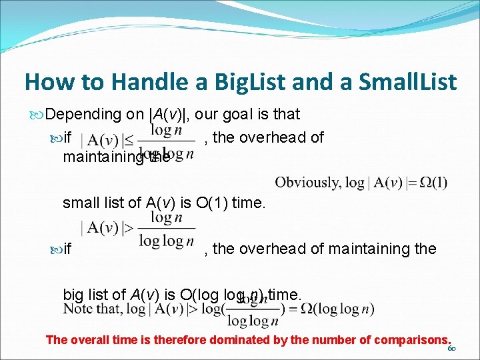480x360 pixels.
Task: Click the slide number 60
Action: click(452, 349)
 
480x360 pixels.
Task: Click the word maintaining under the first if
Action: click(103, 157)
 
